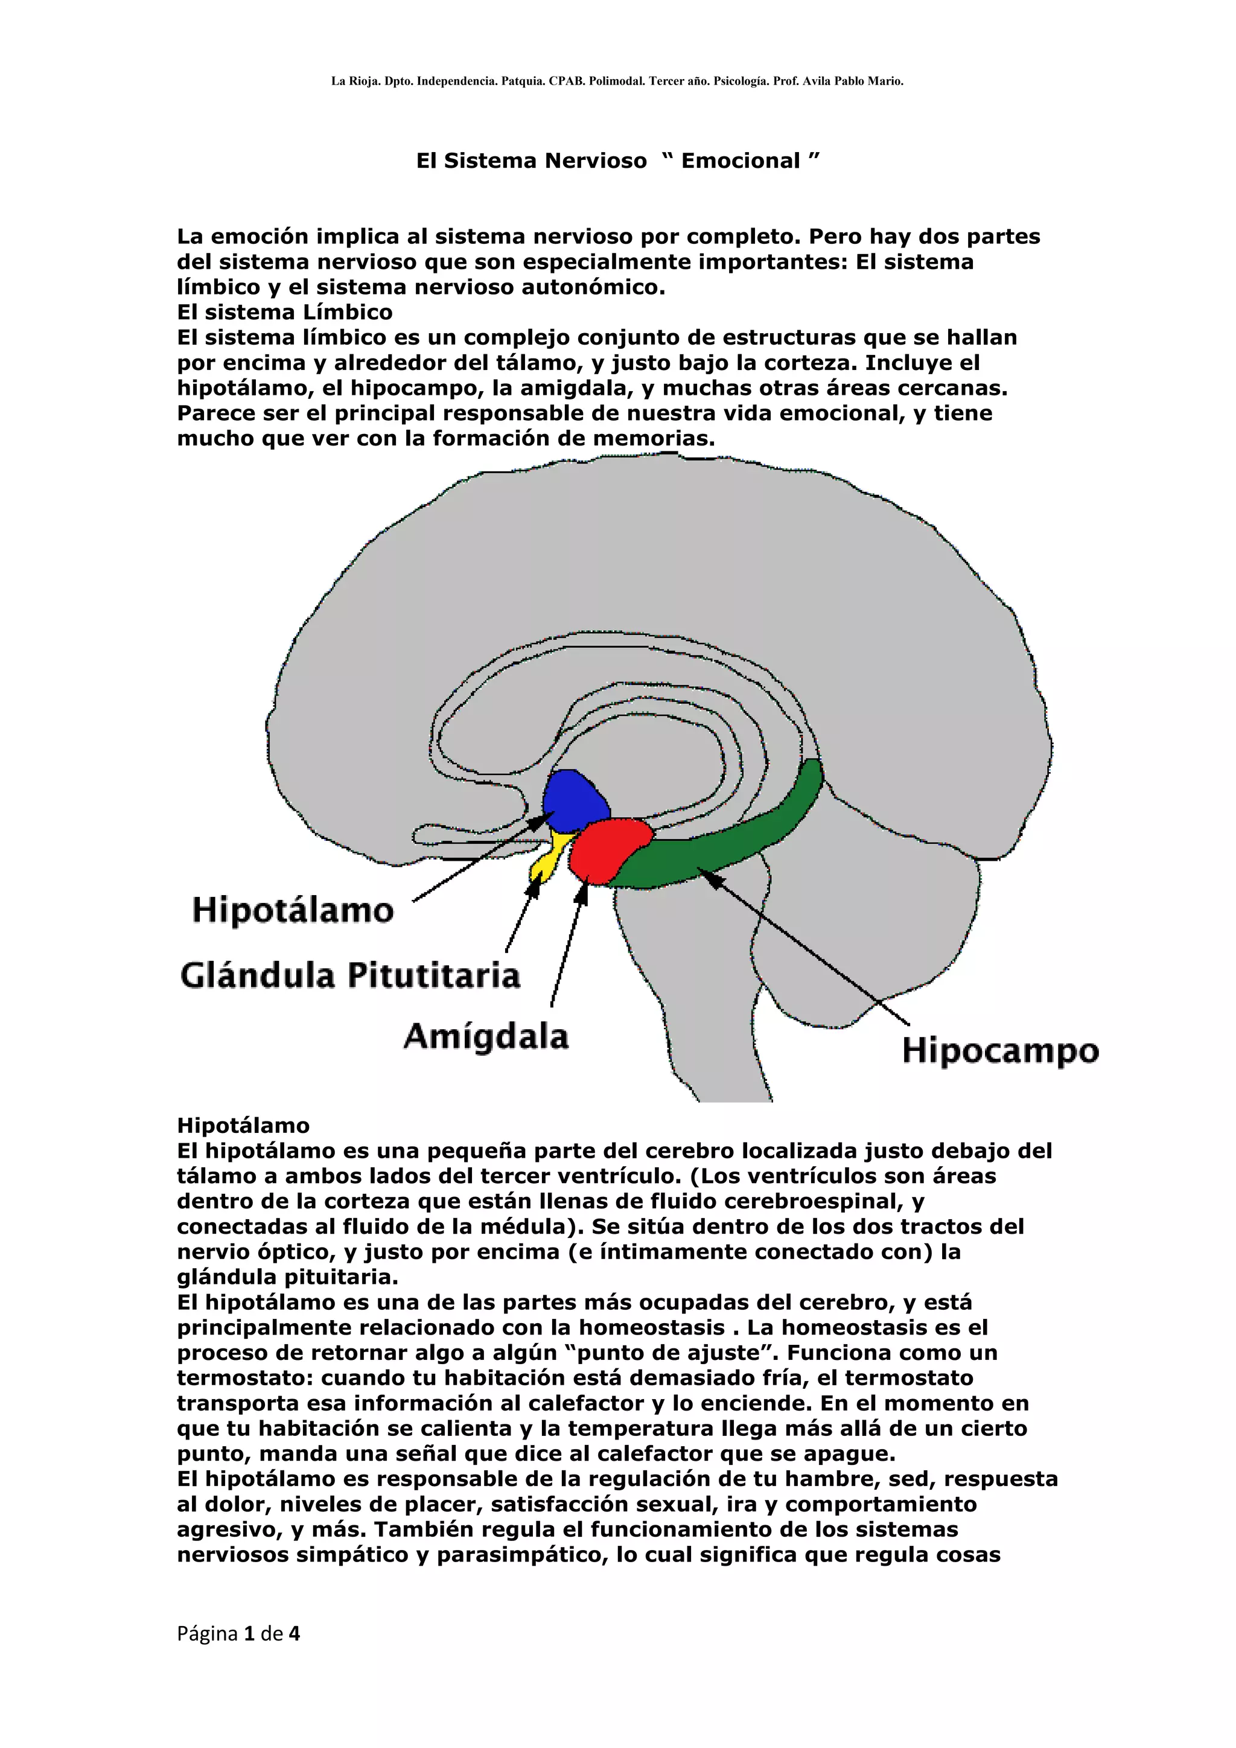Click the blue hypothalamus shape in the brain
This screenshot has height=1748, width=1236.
[574, 801]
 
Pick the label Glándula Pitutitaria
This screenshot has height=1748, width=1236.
[350, 975]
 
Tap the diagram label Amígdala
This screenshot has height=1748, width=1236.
[486, 1036]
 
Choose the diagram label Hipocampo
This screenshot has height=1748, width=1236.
[1000, 1051]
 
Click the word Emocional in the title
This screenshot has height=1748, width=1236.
[741, 161]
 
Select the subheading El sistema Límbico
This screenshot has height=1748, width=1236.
[285, 312]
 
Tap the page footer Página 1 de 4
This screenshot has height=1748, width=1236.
[238, 1633]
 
